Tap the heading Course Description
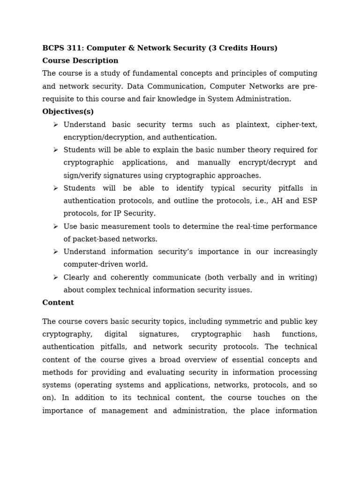pyautogui.click(x=80, y=61)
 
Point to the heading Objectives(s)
pyautogui.click(x=68, y=112)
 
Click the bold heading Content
pyautogui.click(x=58, y=303)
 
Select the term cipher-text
pyautogui.click(x=296, y=125)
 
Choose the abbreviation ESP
pyautogui.click(x=309, y=201)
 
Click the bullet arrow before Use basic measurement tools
pyautogui.click(x=55, y=226)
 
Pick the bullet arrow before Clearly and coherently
pyautogui.click(x=55, y=277)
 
